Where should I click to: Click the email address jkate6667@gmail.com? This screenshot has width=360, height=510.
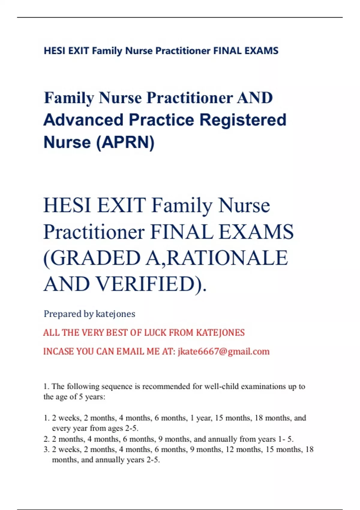223,352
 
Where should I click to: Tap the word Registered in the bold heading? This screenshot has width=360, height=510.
243,120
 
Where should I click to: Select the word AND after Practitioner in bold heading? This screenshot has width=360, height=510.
255,98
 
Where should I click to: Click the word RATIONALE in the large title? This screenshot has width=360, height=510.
227,258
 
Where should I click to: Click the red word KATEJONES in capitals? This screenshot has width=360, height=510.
220,333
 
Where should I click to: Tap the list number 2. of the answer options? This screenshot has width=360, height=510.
46,439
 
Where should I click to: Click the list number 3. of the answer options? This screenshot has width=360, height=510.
46,449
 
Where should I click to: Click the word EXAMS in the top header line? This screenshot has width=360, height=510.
261,51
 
